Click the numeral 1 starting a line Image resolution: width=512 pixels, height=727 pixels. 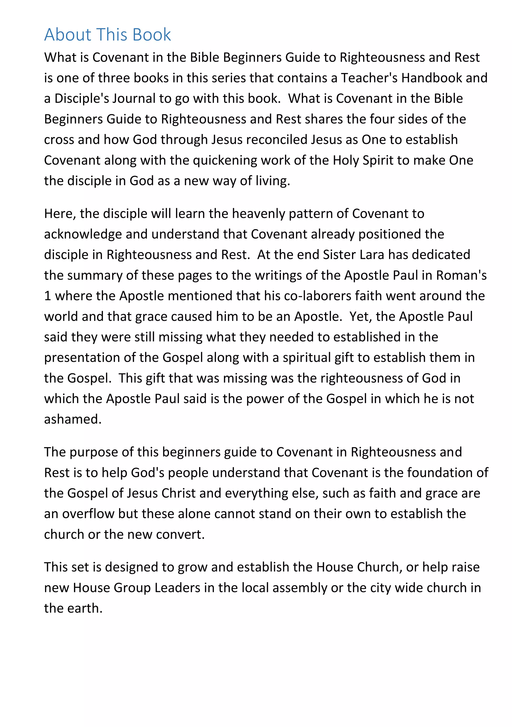(47, 296)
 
